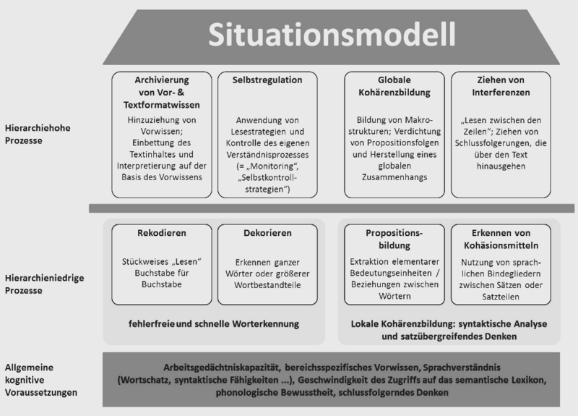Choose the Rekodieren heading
point(161,233)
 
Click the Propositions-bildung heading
point(394,239)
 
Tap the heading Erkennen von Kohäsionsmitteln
point(501,239)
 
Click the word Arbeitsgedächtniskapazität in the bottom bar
point(215,365)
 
